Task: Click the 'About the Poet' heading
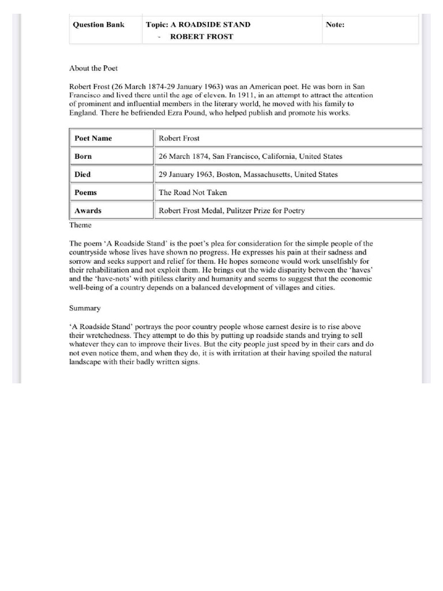[93, 68]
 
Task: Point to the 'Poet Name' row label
[93, 139]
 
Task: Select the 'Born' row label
[83, 156]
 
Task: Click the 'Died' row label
[82, 174]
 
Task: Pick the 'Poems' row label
[85, 192]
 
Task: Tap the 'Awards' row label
[88, 211]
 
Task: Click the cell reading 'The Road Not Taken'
[193, 192]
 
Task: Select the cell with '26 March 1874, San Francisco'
[250, 156]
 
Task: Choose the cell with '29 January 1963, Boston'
[248, 174]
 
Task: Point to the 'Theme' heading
[80, 225]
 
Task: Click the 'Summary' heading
[85, 309]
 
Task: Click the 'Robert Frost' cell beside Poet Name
[179, 139]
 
